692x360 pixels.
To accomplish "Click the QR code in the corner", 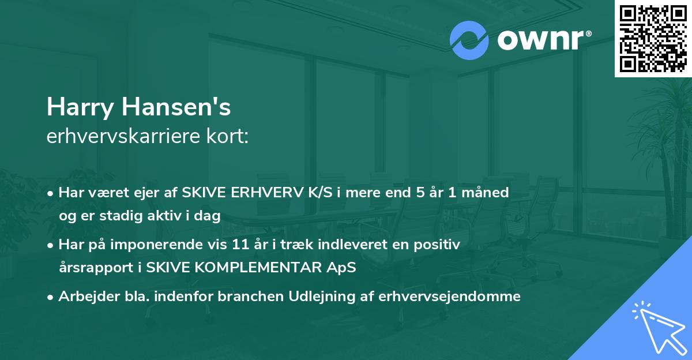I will (x=653, y=38).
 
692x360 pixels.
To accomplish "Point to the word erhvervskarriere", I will (x=126, y=136).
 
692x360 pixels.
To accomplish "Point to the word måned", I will (x=488, y=193).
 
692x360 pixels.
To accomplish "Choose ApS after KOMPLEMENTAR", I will (x=340, y=268).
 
